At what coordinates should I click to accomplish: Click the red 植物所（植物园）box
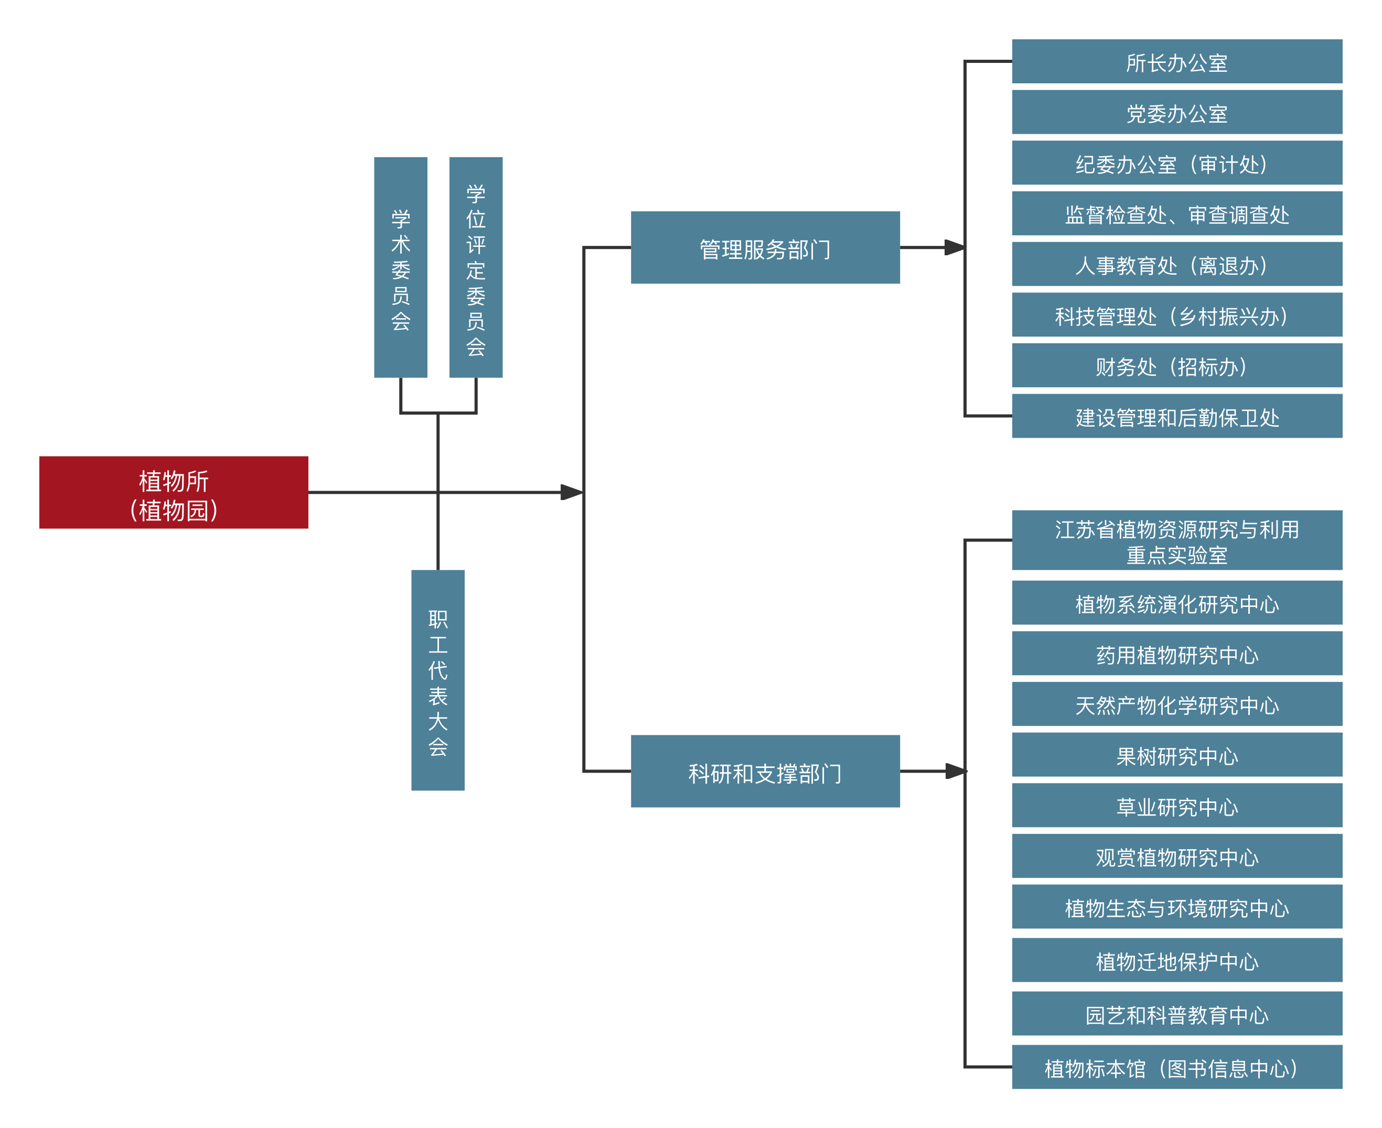[x=174, y=493]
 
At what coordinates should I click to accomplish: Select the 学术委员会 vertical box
[x=400, y=267]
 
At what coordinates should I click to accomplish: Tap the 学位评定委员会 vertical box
[x=476, y=267]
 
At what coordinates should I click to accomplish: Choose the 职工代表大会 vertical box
[x=438, y=680]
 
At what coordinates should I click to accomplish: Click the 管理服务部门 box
[x=765, y=247]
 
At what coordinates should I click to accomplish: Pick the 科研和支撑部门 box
[x=765, y=771]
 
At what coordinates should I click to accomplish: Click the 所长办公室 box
[x=1177, y=61]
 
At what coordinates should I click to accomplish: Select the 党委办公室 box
[x=1177, y=112]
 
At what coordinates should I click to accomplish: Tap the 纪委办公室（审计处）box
[x=1177, y=162]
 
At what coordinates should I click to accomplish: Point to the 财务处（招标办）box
[x=1177, y=365]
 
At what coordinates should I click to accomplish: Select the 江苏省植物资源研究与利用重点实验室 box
[x=1177, y=540]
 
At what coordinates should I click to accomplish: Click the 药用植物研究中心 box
[x=1177, y=653]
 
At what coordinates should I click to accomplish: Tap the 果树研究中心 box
[x=1177, y=754]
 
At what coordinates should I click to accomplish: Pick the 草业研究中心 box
[x=1177, y=805]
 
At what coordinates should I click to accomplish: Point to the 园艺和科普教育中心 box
[x=1177, y=1014]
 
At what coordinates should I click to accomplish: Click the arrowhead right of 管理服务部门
[x=955, y=247]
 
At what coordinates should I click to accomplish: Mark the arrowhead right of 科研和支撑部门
[x=956, y=771]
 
